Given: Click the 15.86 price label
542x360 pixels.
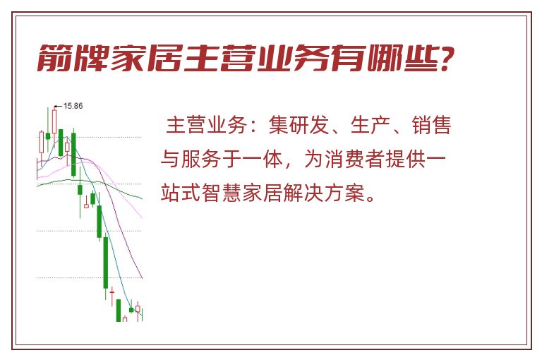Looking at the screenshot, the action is click(x=73, y=106).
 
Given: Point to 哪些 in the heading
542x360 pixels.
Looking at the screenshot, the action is click(x=404, y=58).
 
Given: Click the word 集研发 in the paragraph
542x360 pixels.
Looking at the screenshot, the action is click(x=299, y=125).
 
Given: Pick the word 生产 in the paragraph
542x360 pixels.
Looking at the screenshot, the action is click(x=371, y=125).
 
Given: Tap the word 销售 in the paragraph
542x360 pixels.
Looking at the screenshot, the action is click(x=432, y=125).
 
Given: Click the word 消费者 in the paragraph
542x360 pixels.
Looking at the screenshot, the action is click(x=354, y=159).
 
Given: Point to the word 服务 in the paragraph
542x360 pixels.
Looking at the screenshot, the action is click(x=202, y=159).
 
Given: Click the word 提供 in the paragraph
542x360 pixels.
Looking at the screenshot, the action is click(x=406, y=159).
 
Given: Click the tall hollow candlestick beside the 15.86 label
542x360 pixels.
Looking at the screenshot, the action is click(x=54, y=121).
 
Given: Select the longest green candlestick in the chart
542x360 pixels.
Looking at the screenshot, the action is click(x=106, y=262).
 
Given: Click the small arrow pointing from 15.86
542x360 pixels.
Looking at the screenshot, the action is click(x=59, y=106).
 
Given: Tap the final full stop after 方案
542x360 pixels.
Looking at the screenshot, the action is click(x=371, y=199).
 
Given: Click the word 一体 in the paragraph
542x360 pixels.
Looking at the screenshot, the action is click(x=263, y=159).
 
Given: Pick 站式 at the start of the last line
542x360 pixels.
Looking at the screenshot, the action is click(x=181, y=193).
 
